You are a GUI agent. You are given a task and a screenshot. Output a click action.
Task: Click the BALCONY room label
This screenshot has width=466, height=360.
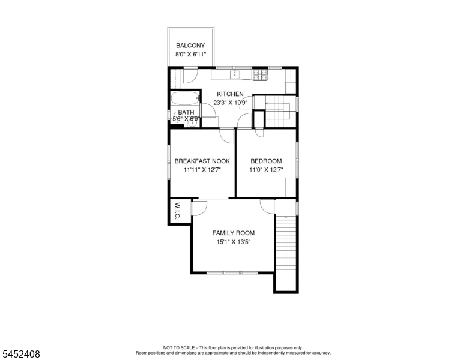click(190, 46)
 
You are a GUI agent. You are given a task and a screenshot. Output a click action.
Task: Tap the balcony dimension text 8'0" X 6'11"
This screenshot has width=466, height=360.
click(190, 55)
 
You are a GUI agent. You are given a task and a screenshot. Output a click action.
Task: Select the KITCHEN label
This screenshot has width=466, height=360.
click(230, 94)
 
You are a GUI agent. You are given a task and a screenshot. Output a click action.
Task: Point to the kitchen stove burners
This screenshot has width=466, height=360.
click(261, 75)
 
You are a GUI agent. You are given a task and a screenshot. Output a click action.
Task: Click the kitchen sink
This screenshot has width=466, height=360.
click(235, 74)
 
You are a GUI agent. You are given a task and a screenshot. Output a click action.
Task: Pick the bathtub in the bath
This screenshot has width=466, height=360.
click(185, 98)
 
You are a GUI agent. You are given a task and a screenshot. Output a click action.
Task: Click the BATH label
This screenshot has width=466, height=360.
click(186, 112)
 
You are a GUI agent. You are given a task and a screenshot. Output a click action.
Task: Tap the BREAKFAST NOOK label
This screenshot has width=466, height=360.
click(202, 161)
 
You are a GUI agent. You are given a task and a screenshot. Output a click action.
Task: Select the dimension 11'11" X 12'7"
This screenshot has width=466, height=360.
click(202, 170)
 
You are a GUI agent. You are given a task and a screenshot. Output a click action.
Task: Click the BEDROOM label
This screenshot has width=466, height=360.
click(266, 161)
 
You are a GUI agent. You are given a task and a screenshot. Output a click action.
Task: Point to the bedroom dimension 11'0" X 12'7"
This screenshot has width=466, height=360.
click(266, 170)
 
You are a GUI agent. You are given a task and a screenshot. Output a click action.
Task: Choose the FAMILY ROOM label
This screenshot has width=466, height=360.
click(233, 233)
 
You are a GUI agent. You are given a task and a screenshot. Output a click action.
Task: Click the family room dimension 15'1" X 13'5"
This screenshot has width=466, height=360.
click(233, 242)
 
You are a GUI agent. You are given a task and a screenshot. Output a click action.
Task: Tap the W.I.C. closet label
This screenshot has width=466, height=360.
click(177, 211)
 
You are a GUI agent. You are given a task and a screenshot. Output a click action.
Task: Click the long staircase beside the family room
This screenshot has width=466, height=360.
click(286, 242)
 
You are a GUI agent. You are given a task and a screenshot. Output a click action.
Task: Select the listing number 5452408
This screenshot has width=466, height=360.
click(21, 354)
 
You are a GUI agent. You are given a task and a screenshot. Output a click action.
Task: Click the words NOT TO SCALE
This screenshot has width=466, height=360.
click(178, 347)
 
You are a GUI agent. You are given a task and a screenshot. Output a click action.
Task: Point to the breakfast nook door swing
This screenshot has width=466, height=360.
click(227, 136)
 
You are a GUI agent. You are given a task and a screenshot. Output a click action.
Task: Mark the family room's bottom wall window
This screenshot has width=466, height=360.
click(232, 272)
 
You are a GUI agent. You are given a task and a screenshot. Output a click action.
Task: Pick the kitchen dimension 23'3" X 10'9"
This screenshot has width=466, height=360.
click(231, 103)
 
